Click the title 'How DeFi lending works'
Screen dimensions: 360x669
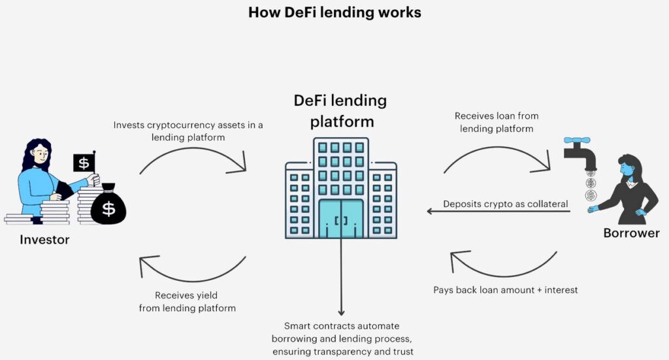tap(334, 12)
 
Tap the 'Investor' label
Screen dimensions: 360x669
tap(44, 240)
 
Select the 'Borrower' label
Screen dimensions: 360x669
tap(632, 233)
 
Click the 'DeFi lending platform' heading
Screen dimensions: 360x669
tap(340, 111)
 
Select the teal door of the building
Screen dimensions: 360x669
tap(340, 218)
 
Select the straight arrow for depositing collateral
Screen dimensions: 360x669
tap(497, 211)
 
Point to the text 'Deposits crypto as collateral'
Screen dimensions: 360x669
tap(505, 204)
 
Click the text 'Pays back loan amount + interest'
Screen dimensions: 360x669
tap(506, 289)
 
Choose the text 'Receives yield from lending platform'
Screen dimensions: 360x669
tap(187, 301)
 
